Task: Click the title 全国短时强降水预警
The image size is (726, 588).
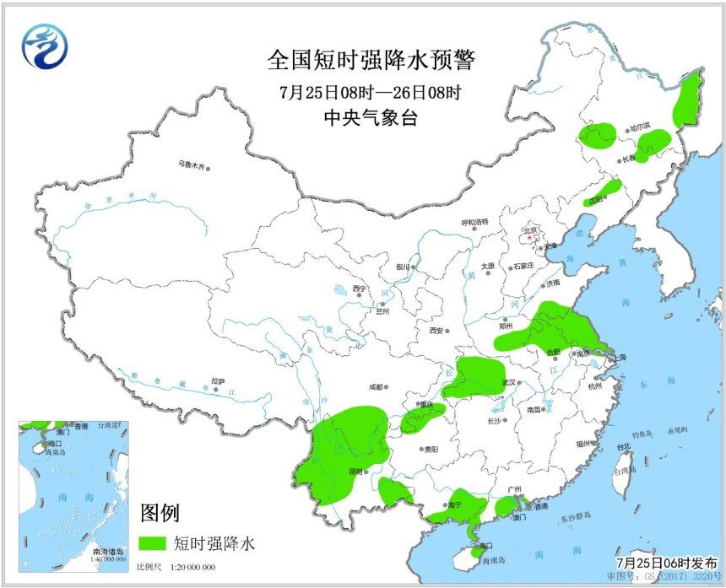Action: coord(371,60)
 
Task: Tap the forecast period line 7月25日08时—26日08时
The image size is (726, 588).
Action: coord(371,91)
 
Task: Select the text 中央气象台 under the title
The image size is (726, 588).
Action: coord(371,118)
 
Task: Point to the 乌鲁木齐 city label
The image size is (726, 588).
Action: coord(191,165)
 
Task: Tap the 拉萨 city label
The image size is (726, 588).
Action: coord(219,381)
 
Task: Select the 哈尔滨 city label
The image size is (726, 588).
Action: coord(641,129)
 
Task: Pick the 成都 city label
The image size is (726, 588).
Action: coord(375,388)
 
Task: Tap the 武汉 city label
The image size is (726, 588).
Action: coord(507,382)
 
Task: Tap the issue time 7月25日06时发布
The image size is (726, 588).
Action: coord(667,563)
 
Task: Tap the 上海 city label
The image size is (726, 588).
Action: coord(620,358)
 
